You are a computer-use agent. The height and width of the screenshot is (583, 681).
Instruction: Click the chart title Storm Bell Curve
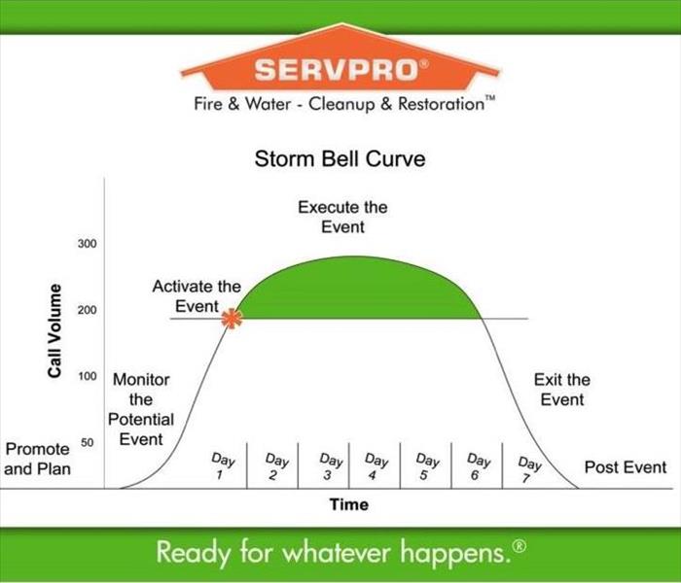coord(340,158)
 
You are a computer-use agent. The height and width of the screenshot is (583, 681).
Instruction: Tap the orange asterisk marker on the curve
coord(232,319)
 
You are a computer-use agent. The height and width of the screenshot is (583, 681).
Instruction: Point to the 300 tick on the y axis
coord(88,244)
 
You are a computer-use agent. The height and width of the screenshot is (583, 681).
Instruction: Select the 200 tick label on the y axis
coord(88,310)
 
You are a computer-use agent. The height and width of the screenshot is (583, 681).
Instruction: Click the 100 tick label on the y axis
coord(88,376)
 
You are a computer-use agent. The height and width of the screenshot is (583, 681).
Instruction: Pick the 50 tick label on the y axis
coord(88,443)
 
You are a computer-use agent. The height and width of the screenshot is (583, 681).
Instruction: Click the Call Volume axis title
coord(54,330)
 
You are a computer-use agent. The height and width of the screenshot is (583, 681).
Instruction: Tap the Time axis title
coord(349,504)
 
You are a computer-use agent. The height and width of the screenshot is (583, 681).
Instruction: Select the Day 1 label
coord(222,465)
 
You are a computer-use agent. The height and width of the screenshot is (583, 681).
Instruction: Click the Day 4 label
coord(375,465)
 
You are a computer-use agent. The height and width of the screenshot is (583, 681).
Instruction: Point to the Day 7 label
coord(528,469)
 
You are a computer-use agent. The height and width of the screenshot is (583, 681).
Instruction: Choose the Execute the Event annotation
coord(342,217)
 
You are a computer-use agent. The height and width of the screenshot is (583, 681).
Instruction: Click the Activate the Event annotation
coord(197,296)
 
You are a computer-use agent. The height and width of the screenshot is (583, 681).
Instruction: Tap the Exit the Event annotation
coord(562,390)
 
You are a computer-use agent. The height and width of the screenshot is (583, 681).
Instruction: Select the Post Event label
coord(626,467)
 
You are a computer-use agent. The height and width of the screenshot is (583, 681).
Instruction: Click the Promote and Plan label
coord(37,459)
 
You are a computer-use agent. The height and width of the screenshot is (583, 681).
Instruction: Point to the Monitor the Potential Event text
coord(141,409)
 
